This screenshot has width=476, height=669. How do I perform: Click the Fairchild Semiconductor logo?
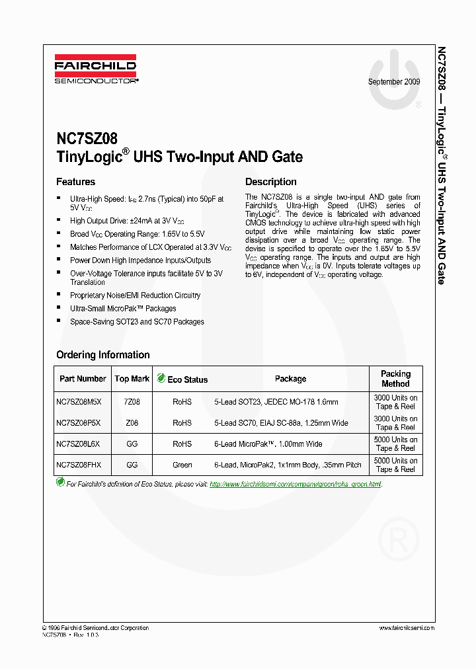coord(96,69)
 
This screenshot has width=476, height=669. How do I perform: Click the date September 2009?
coord(394,82)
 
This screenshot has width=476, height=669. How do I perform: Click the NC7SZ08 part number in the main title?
coord(87,139)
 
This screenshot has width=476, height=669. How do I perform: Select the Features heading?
coord(75,182)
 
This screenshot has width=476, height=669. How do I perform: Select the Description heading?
coord(270,182)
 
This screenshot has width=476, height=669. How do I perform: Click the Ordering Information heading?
coord(102,355)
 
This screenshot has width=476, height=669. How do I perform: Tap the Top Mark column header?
coord(132,379)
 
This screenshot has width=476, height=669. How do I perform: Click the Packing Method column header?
coord(395,379)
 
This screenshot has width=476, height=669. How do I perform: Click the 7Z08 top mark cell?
coord(132,402)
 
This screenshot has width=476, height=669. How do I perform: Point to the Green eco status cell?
coord(182,465)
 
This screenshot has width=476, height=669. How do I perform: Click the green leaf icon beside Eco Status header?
coord(161,379)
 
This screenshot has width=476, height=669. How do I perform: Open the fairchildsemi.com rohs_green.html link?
coord(295,485)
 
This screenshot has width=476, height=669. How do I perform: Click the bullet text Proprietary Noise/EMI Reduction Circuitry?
coord(135,295)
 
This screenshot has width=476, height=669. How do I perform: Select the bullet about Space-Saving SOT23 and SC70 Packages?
coord(137,322)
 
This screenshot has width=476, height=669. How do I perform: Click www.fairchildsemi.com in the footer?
coord(406,628)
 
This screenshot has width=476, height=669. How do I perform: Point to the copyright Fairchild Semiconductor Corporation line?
coord(95,628)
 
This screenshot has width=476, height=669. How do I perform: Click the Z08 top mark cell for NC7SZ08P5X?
coord(132,423)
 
